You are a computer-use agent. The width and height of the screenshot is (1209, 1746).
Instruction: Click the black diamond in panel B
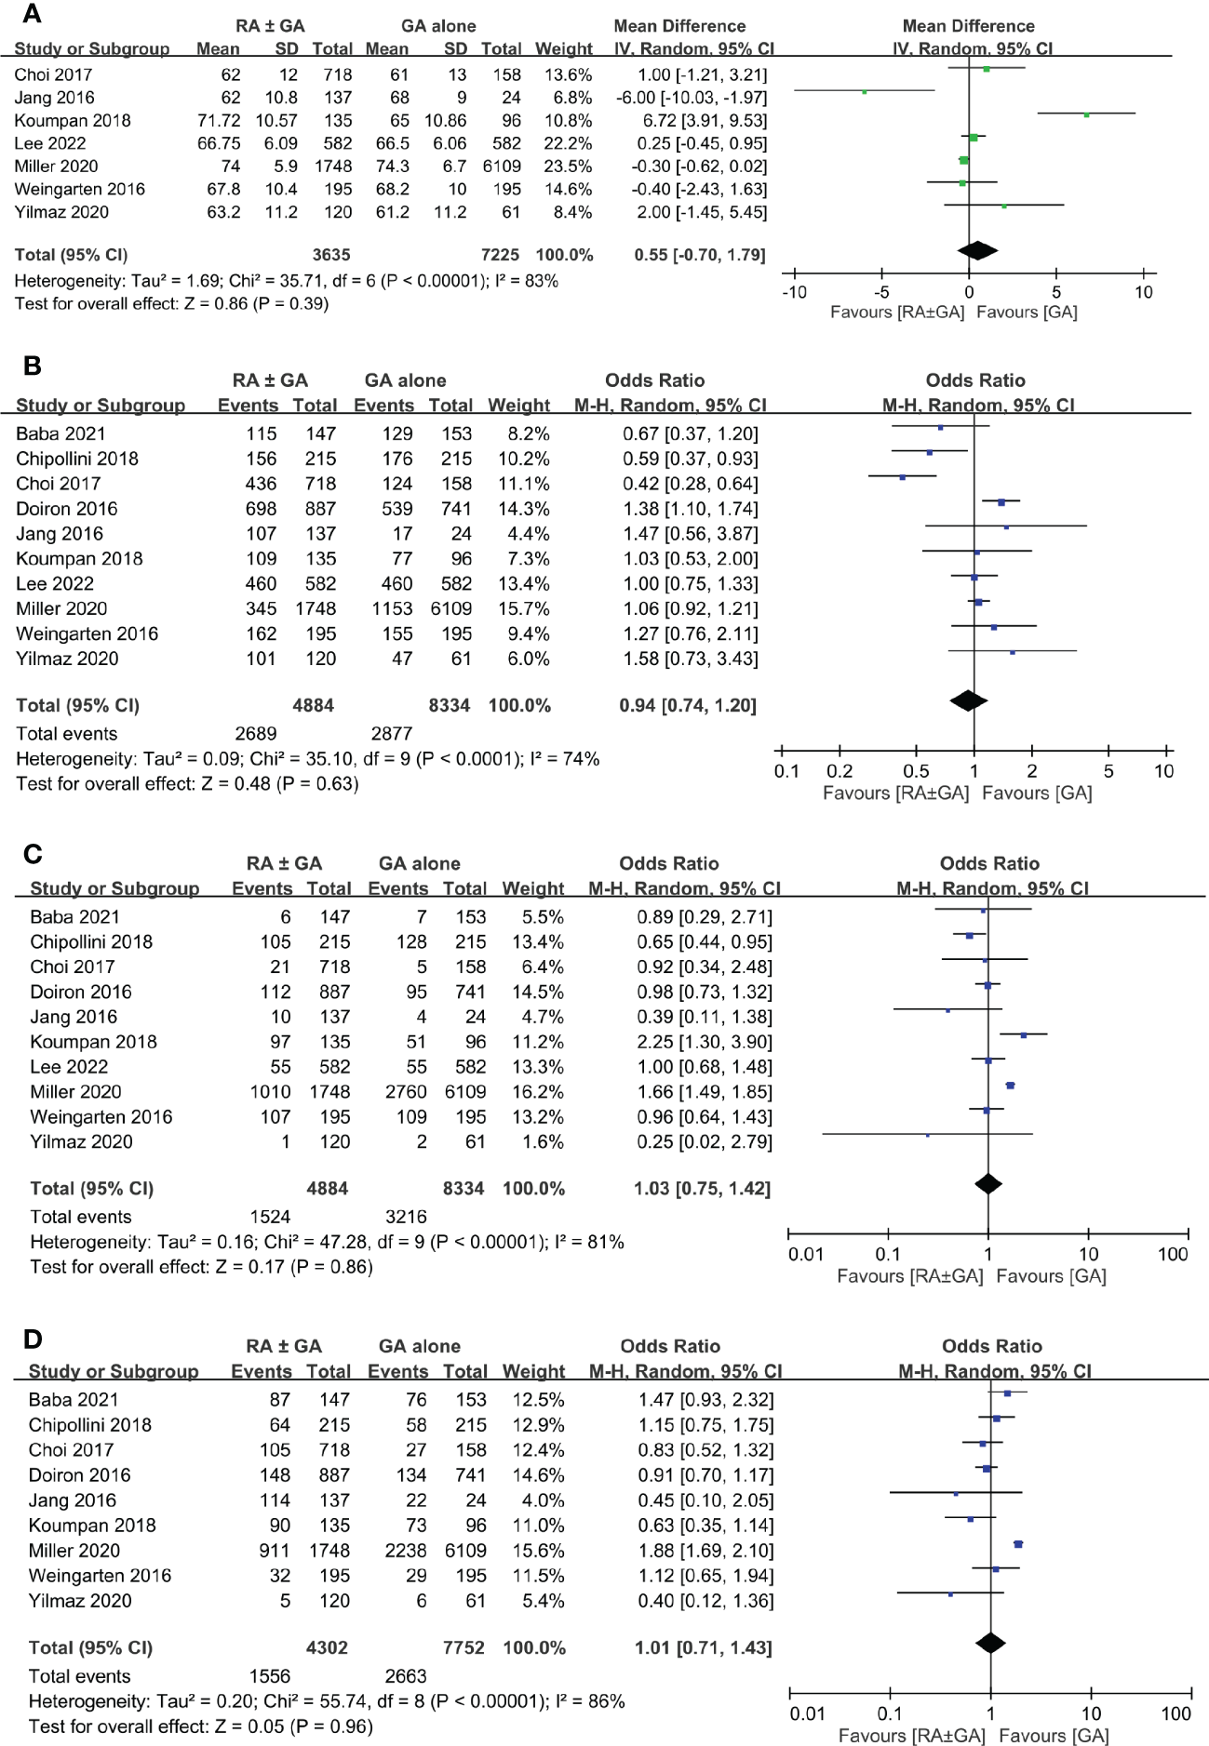968,700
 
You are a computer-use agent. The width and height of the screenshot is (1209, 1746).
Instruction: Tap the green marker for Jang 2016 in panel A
865,91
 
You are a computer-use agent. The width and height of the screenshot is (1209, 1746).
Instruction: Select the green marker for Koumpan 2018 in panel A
1086,114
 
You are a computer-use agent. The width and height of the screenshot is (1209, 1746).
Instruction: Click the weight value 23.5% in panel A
567,167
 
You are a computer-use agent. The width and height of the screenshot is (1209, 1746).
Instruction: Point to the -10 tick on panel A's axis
794,292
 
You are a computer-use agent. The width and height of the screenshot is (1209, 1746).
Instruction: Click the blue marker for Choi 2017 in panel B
903,477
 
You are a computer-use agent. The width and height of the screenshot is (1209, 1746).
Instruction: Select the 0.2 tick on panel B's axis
840,771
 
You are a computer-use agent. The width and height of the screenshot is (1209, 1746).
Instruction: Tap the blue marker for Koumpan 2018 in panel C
1023,1034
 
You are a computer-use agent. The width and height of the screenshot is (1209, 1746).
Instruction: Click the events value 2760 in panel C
405,1092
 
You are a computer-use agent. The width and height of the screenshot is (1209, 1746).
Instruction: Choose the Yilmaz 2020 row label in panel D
80,1601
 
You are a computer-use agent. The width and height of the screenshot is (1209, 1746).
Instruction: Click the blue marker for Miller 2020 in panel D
1018,1544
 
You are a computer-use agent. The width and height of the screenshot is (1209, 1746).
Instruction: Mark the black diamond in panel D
990,1644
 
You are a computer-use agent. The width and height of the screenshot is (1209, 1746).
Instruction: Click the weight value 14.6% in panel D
533,1475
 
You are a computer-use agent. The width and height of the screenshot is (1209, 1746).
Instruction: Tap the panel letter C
33,855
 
